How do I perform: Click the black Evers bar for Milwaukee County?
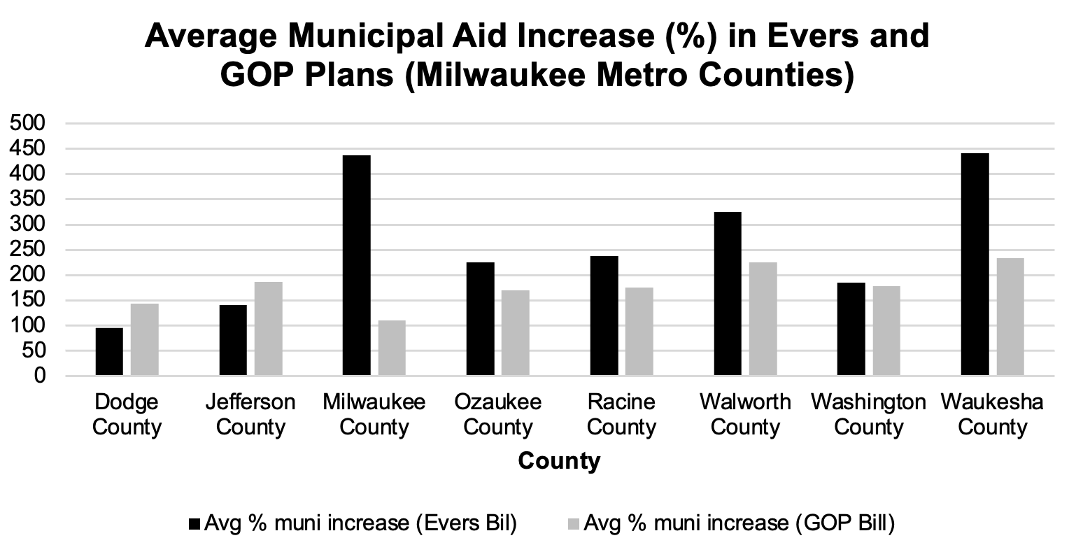coord(357,266)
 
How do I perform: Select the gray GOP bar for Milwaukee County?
coord(392,348)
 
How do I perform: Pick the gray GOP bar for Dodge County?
coord(145,340)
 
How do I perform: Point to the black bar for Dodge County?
coord(109,352)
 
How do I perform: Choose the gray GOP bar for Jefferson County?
coord(269,329)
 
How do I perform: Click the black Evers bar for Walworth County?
coord(728,294)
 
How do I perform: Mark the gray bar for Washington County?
coord(886,331)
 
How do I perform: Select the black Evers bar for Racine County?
coord(604,316)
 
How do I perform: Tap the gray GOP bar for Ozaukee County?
coord(516,333)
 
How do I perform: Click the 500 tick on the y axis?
coord(26,124)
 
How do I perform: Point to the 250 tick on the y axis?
coord(26,250)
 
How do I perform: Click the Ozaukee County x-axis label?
coord(498,415)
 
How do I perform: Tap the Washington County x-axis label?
coord(868,415)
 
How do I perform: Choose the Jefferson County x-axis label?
coord(250,415)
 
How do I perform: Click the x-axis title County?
coord(559,461)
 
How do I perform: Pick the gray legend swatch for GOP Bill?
coord(575,523)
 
